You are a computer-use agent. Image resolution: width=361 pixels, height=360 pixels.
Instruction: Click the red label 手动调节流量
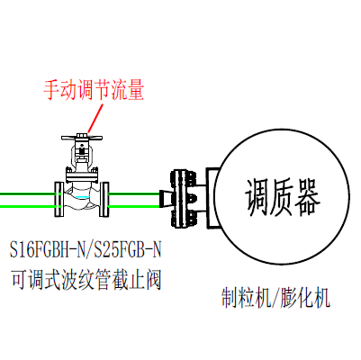[x=94, y=89]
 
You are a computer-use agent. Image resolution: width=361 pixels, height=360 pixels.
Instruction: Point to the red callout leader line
[x=95, y=118]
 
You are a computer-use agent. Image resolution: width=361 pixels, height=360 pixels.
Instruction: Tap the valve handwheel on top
[x=82, y=138]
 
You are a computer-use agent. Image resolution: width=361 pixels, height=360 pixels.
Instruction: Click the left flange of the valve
[x=59, y=199]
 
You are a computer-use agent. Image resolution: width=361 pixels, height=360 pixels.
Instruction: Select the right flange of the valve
[x=104, y=199]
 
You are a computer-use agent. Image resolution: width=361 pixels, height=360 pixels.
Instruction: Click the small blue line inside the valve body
[x=83, y=197]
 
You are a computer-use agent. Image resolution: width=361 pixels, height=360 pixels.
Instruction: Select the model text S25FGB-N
[x=128, y=250]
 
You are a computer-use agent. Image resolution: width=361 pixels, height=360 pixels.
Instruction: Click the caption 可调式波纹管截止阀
[x=86, y=280]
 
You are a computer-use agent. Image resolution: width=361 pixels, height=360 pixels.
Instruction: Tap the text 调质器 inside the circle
[x=283, y=197]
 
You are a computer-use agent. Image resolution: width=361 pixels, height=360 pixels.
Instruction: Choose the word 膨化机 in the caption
[x=305, y=298]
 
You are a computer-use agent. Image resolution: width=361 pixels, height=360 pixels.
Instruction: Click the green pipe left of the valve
[x=27, y=200]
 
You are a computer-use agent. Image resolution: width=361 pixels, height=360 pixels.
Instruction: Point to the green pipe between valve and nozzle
[x=134, y=200]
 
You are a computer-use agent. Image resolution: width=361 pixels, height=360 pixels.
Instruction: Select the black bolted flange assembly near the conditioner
[x=184, y=199]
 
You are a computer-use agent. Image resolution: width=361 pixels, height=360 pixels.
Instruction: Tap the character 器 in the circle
[x=308, y=197]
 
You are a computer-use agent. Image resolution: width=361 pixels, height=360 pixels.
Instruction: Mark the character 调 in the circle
[x=257, y=197]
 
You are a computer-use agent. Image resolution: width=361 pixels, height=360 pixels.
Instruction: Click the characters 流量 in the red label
[x=128, y=89]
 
